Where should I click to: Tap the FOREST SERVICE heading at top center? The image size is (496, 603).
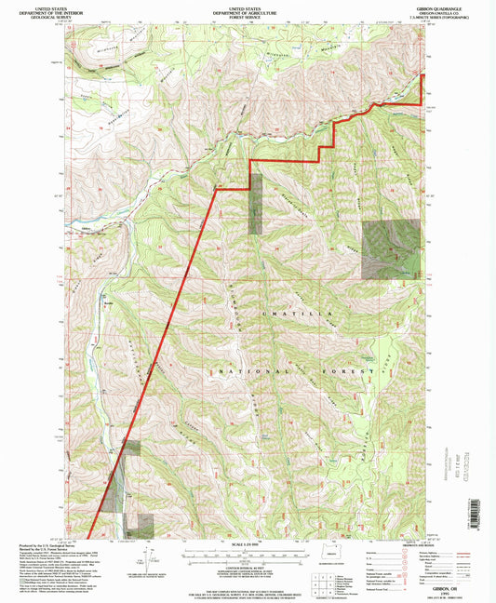(248, 13)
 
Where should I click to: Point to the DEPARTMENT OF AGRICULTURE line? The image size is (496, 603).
(248, 8)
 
